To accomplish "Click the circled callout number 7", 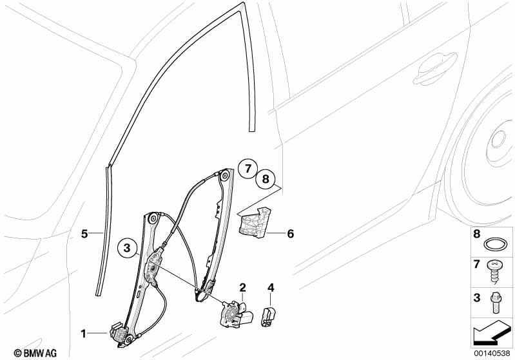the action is click(x=248, y=169).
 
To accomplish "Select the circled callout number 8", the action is click(x=266, y=179).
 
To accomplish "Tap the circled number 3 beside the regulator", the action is click(x=127, y=248).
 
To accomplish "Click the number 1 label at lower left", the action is click(x=83, y=334).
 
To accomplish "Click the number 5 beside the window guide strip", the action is click(x=84, y=234).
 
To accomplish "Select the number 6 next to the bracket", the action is click(x=290, y=234).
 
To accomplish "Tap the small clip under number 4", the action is click(x=268, y=317).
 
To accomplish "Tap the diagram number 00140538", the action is click(x=492, y=353).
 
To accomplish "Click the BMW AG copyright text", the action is click(x=35, y=353).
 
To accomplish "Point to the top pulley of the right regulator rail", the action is click(x=225, y=175).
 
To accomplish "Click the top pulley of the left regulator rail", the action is click(x=153, y=219).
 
